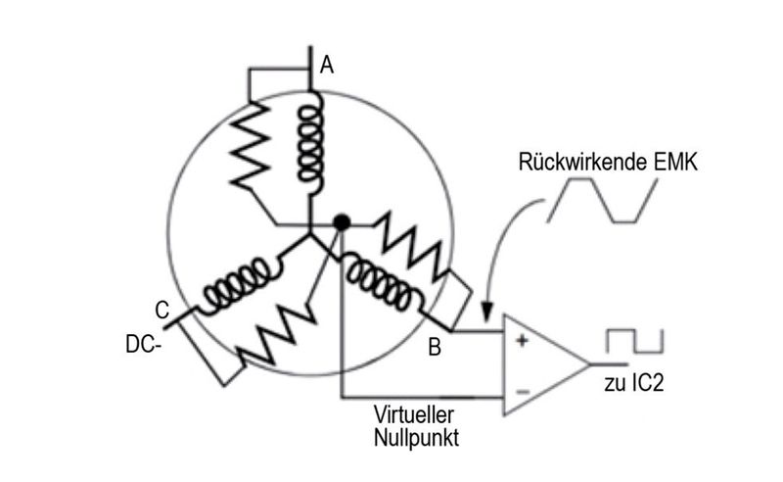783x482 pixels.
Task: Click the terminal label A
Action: tap(327, 66)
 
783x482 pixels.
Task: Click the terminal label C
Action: tap(162, 310)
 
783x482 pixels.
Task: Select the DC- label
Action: tap(143, 344)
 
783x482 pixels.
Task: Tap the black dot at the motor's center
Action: tap(341, 223)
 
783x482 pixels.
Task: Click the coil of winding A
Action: tap(310, 141)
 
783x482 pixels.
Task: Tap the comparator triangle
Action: tap(543, 365)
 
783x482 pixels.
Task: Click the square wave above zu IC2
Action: tap(634, 341)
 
